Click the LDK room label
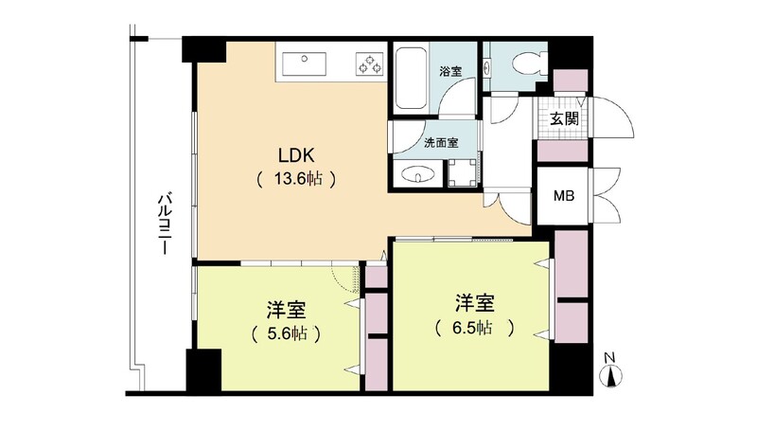(296, 155)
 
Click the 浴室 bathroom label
(450, 71)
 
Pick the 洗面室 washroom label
(441, 143)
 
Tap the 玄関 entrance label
(564, 117)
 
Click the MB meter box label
(563, 196)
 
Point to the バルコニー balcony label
(165, 224)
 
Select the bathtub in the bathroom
(411, 78)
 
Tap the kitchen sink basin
(304, 64)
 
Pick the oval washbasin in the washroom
(417, 174)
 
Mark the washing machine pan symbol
(462, 172)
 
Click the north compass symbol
(611, 376)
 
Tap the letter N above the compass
(610, 358)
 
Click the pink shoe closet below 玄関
(562, 151)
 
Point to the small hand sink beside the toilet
(486, 67)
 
